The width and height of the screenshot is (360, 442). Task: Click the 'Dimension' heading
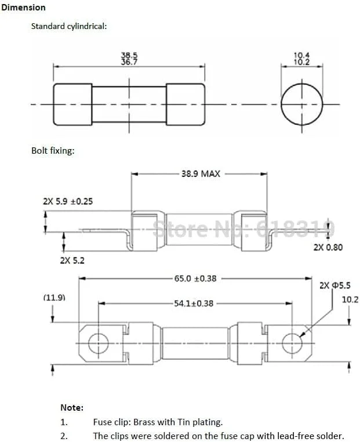point(23,8)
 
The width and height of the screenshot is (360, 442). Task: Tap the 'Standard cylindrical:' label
point(69,26)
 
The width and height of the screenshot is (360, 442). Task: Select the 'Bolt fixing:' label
point(53,151)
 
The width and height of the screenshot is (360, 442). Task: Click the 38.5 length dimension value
point(129,55)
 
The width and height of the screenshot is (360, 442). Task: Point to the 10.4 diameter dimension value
point(301,55)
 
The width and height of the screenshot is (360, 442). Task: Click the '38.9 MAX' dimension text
point(201,173)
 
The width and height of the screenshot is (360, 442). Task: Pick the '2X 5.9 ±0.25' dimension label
point(68,201)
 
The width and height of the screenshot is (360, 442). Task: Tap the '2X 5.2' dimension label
point(72,260)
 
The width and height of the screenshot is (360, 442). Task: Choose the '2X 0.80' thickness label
point(328,247)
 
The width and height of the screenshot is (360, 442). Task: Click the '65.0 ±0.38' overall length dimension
point(195,278)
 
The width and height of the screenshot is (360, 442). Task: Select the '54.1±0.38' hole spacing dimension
point(194,303)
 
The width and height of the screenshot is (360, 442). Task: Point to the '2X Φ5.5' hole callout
point(335,285)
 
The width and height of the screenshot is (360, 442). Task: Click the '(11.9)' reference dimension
point(54,298)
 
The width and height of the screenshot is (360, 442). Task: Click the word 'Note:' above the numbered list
point(72,408)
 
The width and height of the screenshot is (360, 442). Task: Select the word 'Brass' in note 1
point(144,422)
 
